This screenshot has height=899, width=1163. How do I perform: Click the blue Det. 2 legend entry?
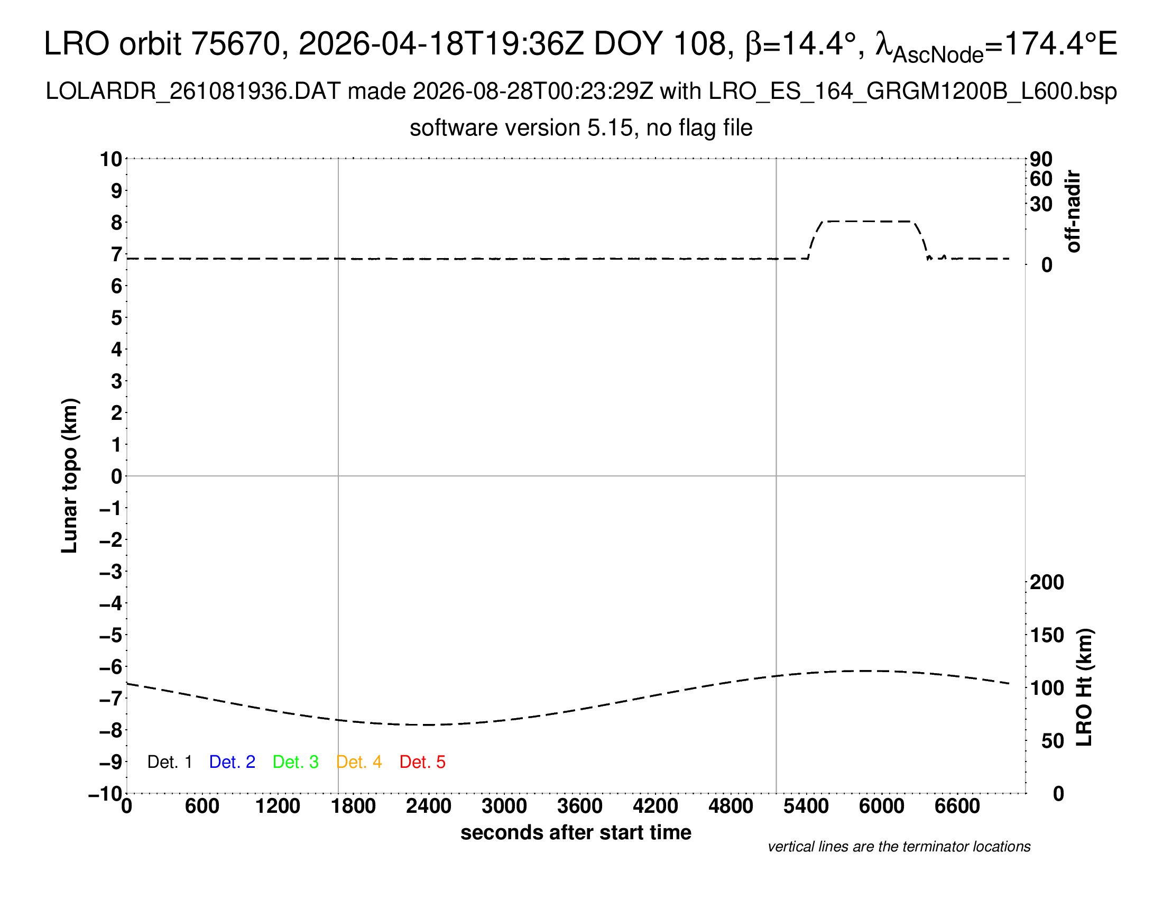pyautogui.click(x=232, y=762)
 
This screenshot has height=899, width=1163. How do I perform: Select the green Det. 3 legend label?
pyautogui.click(x=296, y=762)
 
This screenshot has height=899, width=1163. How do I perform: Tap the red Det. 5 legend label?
pyautogui.click(x=422, y=762)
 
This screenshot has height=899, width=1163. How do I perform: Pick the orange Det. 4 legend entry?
pyautogui.click(x=359, y=762)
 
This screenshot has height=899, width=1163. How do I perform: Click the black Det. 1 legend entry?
pyautogui.click(x=169, y=762)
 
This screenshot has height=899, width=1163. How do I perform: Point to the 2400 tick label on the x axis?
pyautogui.click(x=429, y=806)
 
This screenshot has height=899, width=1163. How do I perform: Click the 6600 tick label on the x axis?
pyautogui.click(x=957, y=806)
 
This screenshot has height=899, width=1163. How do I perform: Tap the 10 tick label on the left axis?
pyautogui.click(x=112, y=159)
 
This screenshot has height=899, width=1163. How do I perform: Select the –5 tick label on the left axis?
pyautogui.click(x=111, y=635)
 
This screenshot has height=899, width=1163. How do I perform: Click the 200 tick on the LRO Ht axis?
pyautogui.click(x=1047, y=582)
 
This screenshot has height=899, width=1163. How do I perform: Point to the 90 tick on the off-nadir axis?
pyautogui.click(x=1041, y=159)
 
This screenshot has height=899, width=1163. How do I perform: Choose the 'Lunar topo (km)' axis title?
pyautogui.click(x=70, y=475)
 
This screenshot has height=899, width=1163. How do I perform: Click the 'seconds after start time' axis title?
pyautogui.click(x=576, y=832)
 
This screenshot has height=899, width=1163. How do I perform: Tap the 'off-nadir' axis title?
pyautogui.click(x=1074, y=212)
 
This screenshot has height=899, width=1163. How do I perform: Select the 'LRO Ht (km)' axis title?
pyautogui.click(x=1084, y=687)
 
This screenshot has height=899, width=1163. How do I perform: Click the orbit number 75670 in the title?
pyautogui.click(x=235, y=44)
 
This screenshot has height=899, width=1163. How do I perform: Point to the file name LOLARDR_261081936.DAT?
pyautogui.click(x=193, y=91)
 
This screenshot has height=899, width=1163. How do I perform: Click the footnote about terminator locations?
pyautogui.click(x=899, y=847)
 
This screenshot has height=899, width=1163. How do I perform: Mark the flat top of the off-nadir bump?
pyautogui.click(x=868, y=221)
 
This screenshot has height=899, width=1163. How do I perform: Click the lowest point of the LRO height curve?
pyautogui.click(x=429, y=725)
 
